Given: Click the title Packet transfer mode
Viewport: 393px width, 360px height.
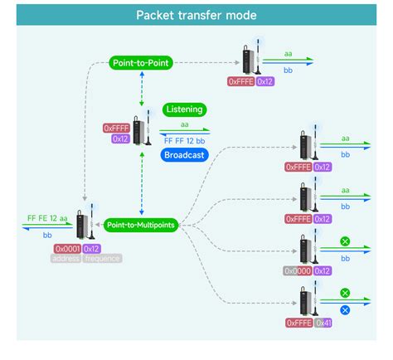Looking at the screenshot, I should (196, 16).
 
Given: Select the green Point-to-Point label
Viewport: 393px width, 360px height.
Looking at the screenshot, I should (143, 63).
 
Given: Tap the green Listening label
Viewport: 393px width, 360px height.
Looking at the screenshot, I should (184, 109).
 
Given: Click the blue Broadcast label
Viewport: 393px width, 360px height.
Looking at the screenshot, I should (184, 155).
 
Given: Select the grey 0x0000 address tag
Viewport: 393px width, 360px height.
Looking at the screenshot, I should (298, 270).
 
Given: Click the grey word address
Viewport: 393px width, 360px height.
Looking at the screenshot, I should (67, 258).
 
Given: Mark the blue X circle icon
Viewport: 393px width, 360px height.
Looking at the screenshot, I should (345, 309).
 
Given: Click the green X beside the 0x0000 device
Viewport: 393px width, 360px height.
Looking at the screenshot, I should (345, 241).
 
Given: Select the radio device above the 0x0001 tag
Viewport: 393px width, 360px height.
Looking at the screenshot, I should (84, 222).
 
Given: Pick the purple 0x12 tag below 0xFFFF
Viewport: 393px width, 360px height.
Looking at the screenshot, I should (121, 139).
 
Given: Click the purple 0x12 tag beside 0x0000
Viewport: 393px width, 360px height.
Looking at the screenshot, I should (323, 270).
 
